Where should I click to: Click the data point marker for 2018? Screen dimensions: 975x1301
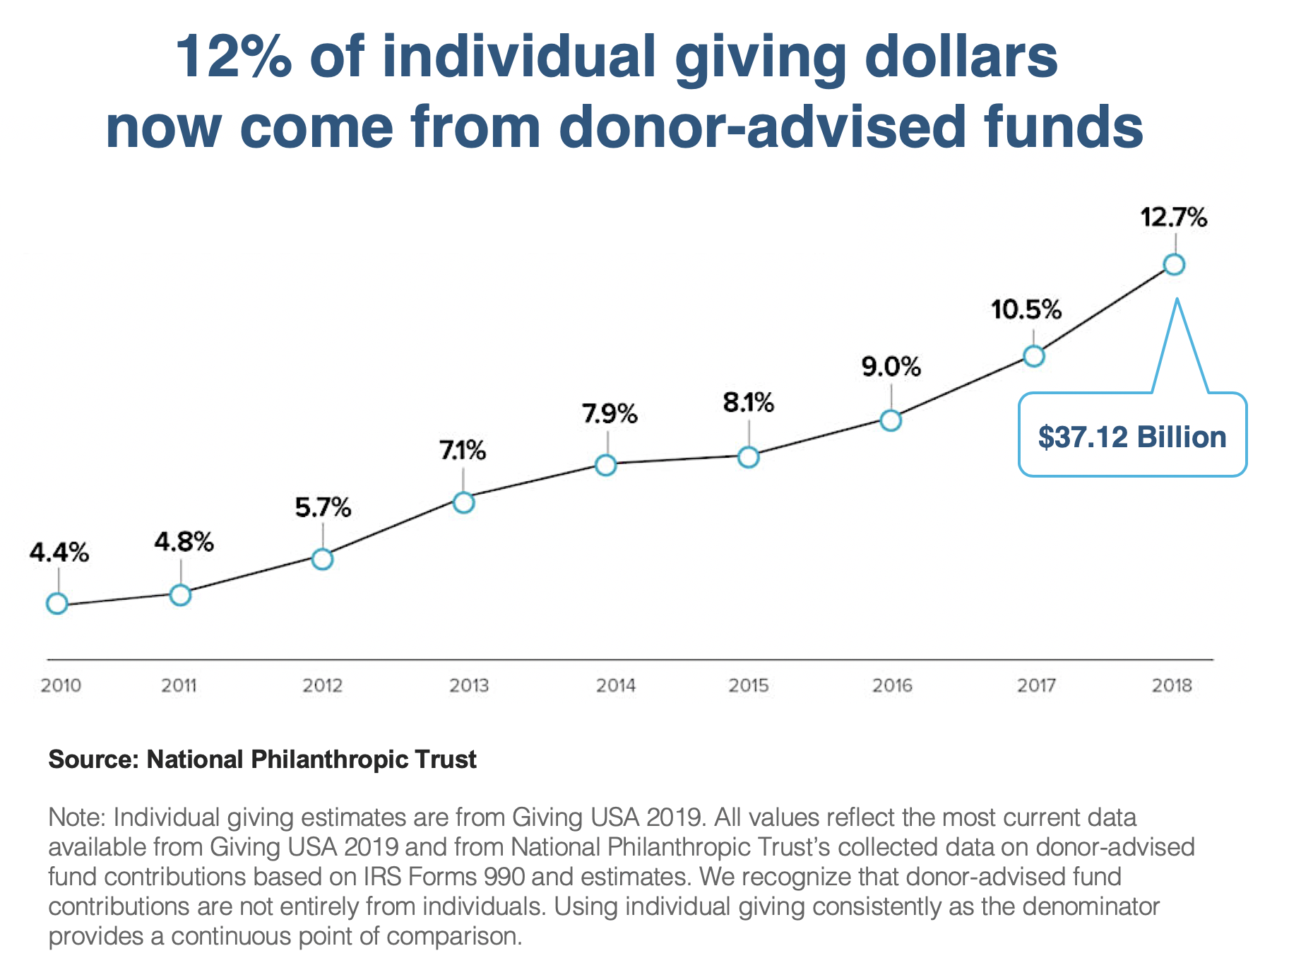(1174, 265)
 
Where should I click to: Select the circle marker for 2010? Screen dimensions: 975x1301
(57, 603)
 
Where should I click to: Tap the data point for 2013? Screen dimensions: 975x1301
(463, 502)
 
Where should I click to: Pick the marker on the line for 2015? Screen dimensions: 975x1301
(749, 457)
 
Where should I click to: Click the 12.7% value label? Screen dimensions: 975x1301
(1174, 218)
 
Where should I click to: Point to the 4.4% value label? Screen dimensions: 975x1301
(59, 552)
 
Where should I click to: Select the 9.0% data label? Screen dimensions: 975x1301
(891, 367)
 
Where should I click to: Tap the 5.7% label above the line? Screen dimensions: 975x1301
(323, 507)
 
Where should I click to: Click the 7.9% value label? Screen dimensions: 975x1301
(610, 413)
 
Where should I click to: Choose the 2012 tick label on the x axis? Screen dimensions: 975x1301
(322, 685)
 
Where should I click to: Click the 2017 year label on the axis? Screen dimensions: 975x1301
(1036, 685)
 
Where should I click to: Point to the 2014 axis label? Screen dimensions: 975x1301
(615, 685)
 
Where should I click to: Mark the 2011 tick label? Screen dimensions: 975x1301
(179, 685)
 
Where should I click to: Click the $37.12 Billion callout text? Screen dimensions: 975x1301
(1132, 437)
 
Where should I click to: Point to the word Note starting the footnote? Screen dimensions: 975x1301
(73, 817)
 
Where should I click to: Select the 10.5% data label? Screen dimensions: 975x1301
(1026, 309)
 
